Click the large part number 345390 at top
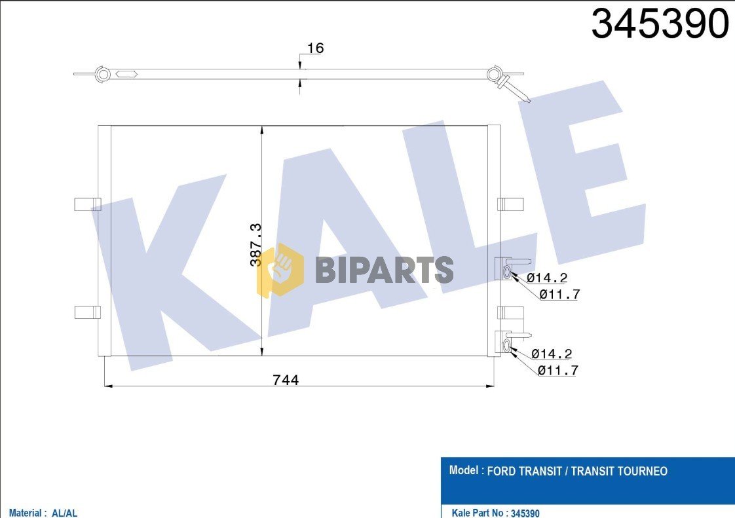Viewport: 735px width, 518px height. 660,25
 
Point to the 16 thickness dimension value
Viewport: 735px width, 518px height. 315,48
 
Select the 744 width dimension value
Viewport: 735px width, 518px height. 286,380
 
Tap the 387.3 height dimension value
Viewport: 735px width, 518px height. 256,244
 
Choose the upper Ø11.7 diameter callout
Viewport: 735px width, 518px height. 559,295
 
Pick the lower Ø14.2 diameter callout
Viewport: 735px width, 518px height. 552,354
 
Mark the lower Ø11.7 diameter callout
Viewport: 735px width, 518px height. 557,371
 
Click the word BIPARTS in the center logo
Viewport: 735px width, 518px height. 384,270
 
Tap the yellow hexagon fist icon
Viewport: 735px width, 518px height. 280,269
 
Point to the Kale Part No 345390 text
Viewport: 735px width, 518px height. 496,513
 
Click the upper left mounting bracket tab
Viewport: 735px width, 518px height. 87,204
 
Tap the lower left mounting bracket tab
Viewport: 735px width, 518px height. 87,312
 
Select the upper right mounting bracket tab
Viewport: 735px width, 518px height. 510,204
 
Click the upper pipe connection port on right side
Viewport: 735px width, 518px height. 507,272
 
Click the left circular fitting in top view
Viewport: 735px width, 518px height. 103,74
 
